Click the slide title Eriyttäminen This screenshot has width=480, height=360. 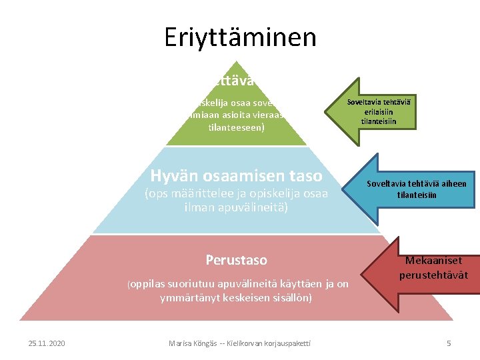pos(240,37)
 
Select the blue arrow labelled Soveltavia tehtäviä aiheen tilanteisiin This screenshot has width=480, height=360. pos(413,189)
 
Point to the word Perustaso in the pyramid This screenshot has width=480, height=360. pos(236,259)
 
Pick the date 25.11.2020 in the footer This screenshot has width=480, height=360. pos(47,343)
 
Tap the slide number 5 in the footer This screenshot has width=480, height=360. pos(449,343)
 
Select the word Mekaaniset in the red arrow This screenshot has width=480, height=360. pos(433,261)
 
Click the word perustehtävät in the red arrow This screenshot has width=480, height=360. pos(433,275)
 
